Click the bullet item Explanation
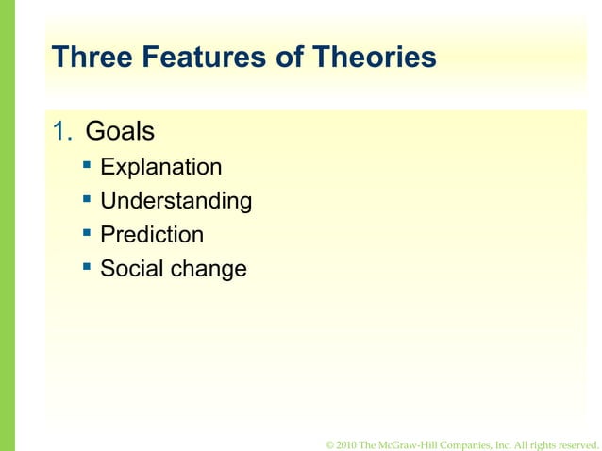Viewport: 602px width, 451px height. pyautogui.click(x=161, y=168)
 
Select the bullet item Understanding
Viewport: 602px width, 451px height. pyautogui.click(x=176, y=202)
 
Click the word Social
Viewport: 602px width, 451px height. pyautogui.click(x=130, y=269)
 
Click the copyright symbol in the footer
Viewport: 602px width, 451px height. pyautogui.click(x=328, y=444)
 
